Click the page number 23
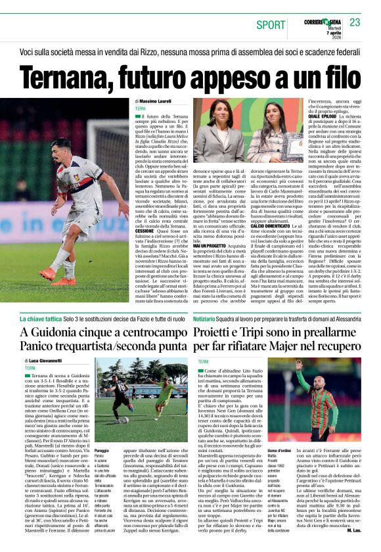[x=355, y=22]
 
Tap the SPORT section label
[x=271, y=24]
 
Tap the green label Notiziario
[x=210, y=318]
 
